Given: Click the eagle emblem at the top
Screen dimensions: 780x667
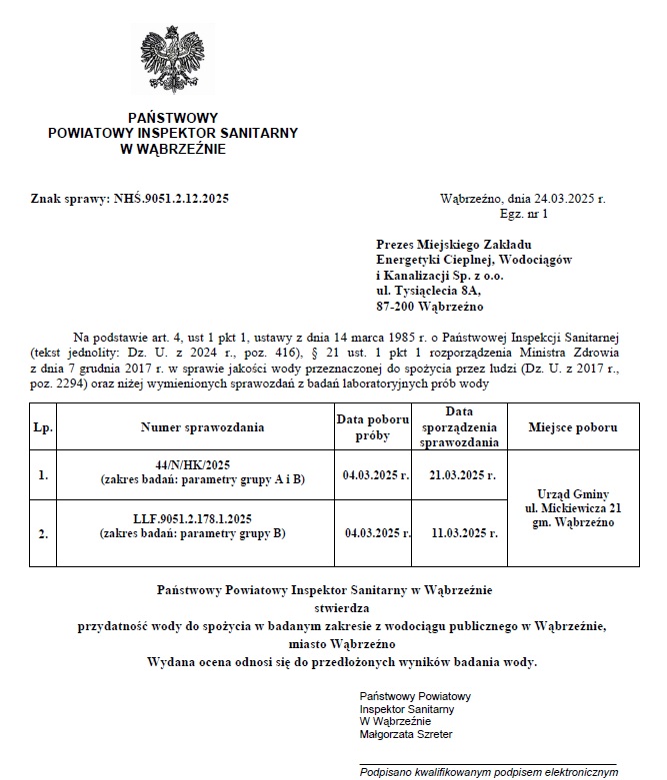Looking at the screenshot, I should [174, 58].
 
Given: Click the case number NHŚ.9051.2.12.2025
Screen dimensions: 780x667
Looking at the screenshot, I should [172, 199].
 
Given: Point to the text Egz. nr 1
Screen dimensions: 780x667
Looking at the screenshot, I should [523, 214].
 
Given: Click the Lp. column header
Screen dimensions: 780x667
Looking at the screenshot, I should [43, 427].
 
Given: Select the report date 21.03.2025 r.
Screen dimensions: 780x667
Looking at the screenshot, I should [461, 475].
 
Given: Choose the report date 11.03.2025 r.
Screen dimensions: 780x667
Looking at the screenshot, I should [461, 532].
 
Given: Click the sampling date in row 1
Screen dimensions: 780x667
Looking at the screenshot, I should [376, 475].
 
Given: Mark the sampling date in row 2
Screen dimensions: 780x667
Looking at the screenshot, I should [377, 532].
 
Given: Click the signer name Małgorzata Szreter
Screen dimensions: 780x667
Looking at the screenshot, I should [405, 734].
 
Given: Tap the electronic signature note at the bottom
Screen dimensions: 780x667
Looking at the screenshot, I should [488, 771].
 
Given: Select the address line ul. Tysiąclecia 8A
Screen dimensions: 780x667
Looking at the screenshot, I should [428, 290].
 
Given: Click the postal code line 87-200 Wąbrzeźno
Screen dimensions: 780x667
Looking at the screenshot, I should [430, 305].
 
